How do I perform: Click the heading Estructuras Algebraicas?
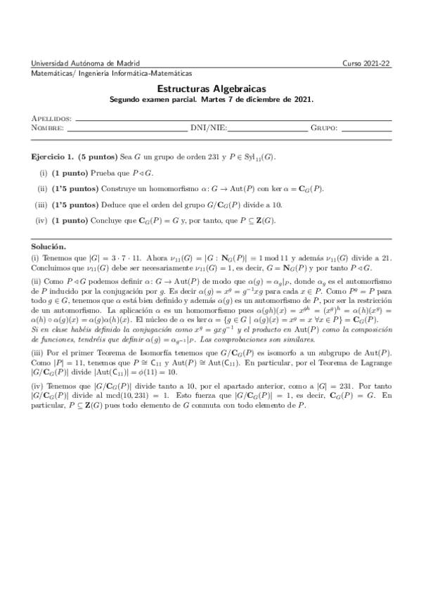211,90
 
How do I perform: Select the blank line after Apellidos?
232,120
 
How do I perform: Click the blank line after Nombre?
127,130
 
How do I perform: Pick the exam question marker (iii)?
41,205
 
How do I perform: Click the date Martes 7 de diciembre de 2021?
257,100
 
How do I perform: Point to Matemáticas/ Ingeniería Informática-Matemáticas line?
112,73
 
